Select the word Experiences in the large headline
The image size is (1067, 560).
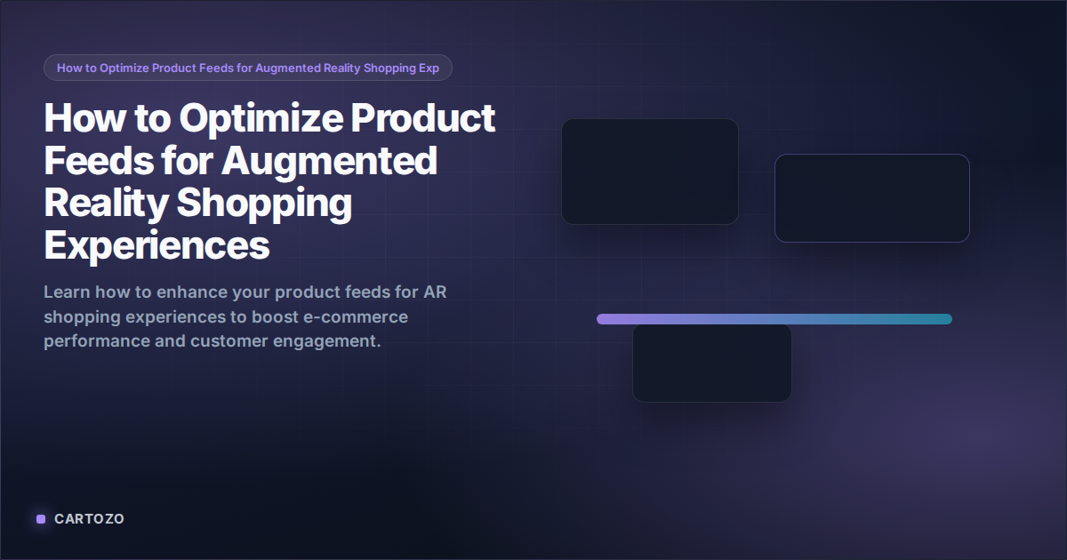pos(156,244)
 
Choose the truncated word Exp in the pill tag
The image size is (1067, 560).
pos(429,68)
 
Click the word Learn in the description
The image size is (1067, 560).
pos(65,292)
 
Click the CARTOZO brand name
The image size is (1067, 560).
pos(89,519)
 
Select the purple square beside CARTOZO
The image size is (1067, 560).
pos(41,519)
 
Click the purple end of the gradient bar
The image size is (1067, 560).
pos(605,319)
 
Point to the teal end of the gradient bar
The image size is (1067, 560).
pos(944,319)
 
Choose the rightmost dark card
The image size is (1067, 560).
pos(871,198)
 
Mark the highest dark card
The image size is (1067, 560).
pos(649,172)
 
